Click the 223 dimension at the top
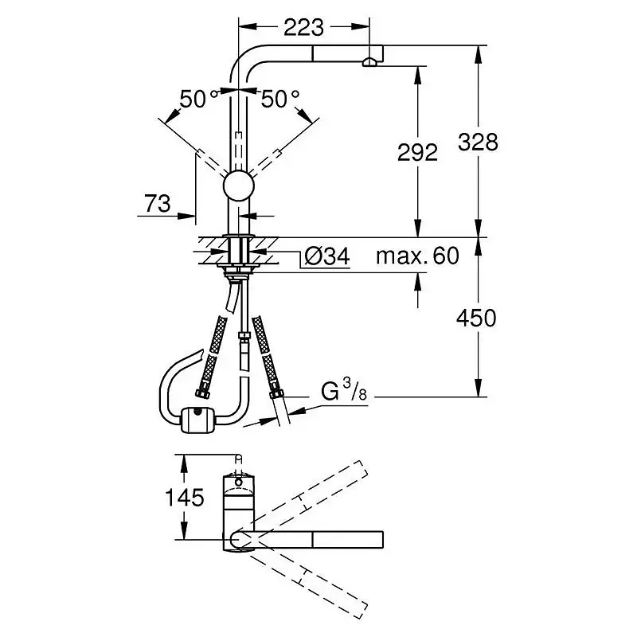point(303,28)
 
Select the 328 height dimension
point(478,143)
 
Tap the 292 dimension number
point(417,152)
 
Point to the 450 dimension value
point(476,318)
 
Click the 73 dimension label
point(158,203)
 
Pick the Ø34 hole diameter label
point(327,256)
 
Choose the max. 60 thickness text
point(417,256)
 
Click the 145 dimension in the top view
point(185,497)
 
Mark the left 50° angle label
point(198,99)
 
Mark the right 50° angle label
point(280,99)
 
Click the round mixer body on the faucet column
point(239,186)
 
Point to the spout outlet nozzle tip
point(369,62)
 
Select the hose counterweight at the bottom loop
point(195,420)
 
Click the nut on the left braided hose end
point(202,393)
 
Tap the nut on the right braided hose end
point(276,394)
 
